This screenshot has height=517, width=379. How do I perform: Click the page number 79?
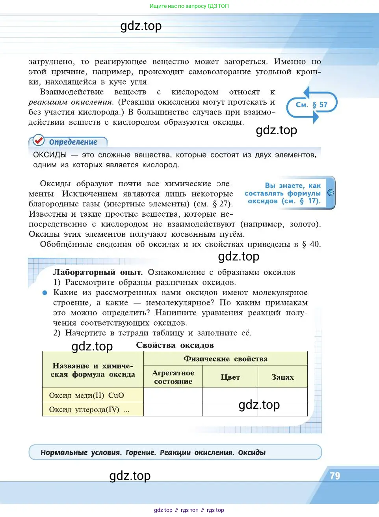(335, 476)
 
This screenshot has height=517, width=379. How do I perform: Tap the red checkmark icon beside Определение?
(38, 140)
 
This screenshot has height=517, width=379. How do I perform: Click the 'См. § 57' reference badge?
(312, 105)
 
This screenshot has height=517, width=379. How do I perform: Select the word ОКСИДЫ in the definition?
(50, 155)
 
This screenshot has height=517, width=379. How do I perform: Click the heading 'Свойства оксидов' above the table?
(175, 345)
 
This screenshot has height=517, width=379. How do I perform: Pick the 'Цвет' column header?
(230, 377)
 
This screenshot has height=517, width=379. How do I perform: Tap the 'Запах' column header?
(282, 377)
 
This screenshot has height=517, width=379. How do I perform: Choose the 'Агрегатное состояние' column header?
(173, 377)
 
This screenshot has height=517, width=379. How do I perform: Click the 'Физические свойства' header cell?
(225, 359)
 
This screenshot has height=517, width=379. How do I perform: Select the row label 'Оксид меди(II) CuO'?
(86, 395)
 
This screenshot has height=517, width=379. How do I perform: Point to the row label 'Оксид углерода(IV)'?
(84, 409)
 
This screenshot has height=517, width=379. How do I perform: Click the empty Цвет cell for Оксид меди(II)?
(230, 395)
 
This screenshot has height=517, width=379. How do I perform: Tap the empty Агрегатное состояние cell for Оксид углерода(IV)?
(173, 409)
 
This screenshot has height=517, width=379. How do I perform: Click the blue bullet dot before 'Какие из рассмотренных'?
(45, 293)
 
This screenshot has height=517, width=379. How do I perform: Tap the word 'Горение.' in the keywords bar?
(141, 452)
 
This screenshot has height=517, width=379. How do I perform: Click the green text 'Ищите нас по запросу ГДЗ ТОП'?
(189, 6)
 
